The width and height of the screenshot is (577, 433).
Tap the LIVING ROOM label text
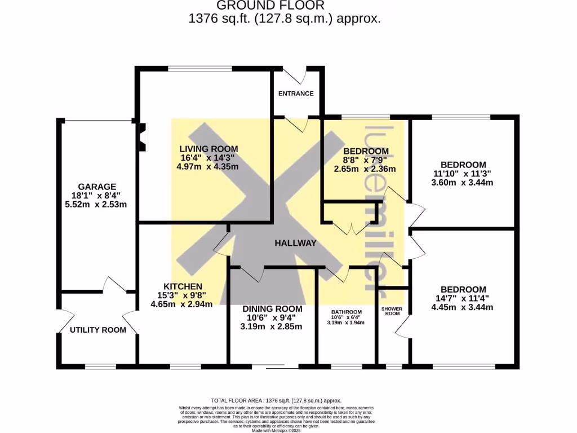[205, 149]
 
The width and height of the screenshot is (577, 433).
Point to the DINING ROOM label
[272, 309]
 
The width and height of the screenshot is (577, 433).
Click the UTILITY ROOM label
[98, 330]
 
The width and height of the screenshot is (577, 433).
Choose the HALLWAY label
[295, 243]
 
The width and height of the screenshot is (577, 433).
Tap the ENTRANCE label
[296, 94]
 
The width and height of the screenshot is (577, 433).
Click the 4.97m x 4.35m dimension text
[205, 167]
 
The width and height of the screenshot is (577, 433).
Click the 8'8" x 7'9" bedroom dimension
[366, 160]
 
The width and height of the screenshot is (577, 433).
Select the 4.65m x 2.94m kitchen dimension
[181, 304]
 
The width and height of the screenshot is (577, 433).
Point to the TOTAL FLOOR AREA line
[276, 400]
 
